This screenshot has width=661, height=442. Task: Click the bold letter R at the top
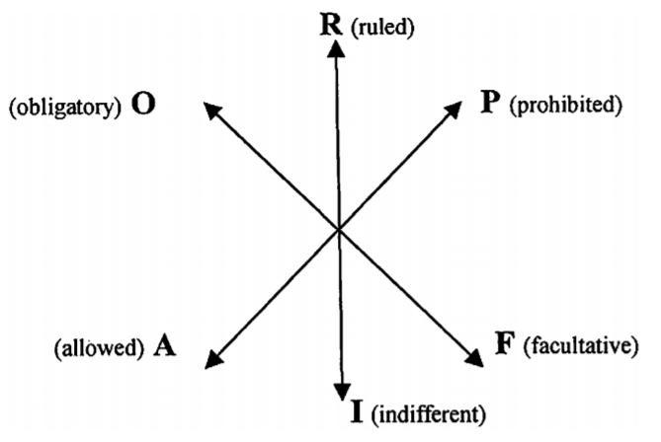click(x=331, y=25)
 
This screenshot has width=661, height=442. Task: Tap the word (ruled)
click(x=382, y=28)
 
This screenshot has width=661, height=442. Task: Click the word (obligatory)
click(x=65, y=108)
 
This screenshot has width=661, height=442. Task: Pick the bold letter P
click(x=490, y=103)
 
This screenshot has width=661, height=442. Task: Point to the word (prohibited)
click(x=566, y=105)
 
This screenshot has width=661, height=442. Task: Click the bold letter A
click(x=164, y=346)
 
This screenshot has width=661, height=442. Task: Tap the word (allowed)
click(x=100, y=348)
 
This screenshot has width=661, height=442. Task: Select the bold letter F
click(x=505, y=343)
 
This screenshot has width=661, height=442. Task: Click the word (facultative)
click(x=581, y=346)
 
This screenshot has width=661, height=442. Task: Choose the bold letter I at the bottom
click(x=357, y=411)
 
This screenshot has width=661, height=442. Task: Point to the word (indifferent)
click(x=428, y=414)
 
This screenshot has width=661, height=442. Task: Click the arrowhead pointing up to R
click(x=336, y=48)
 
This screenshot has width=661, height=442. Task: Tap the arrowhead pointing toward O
click(x=212, y=110)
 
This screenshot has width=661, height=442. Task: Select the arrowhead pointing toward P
click(x=453, y=110)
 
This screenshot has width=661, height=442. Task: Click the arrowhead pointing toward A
click(x=214, y=359)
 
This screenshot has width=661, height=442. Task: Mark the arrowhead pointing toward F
click(x=474, y=358)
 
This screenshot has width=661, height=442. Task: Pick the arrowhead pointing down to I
click(x=342, y=392)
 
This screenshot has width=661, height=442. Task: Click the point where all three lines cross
click(x=339, y=229)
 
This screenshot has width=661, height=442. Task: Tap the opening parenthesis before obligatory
click(x=13, y=109)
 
